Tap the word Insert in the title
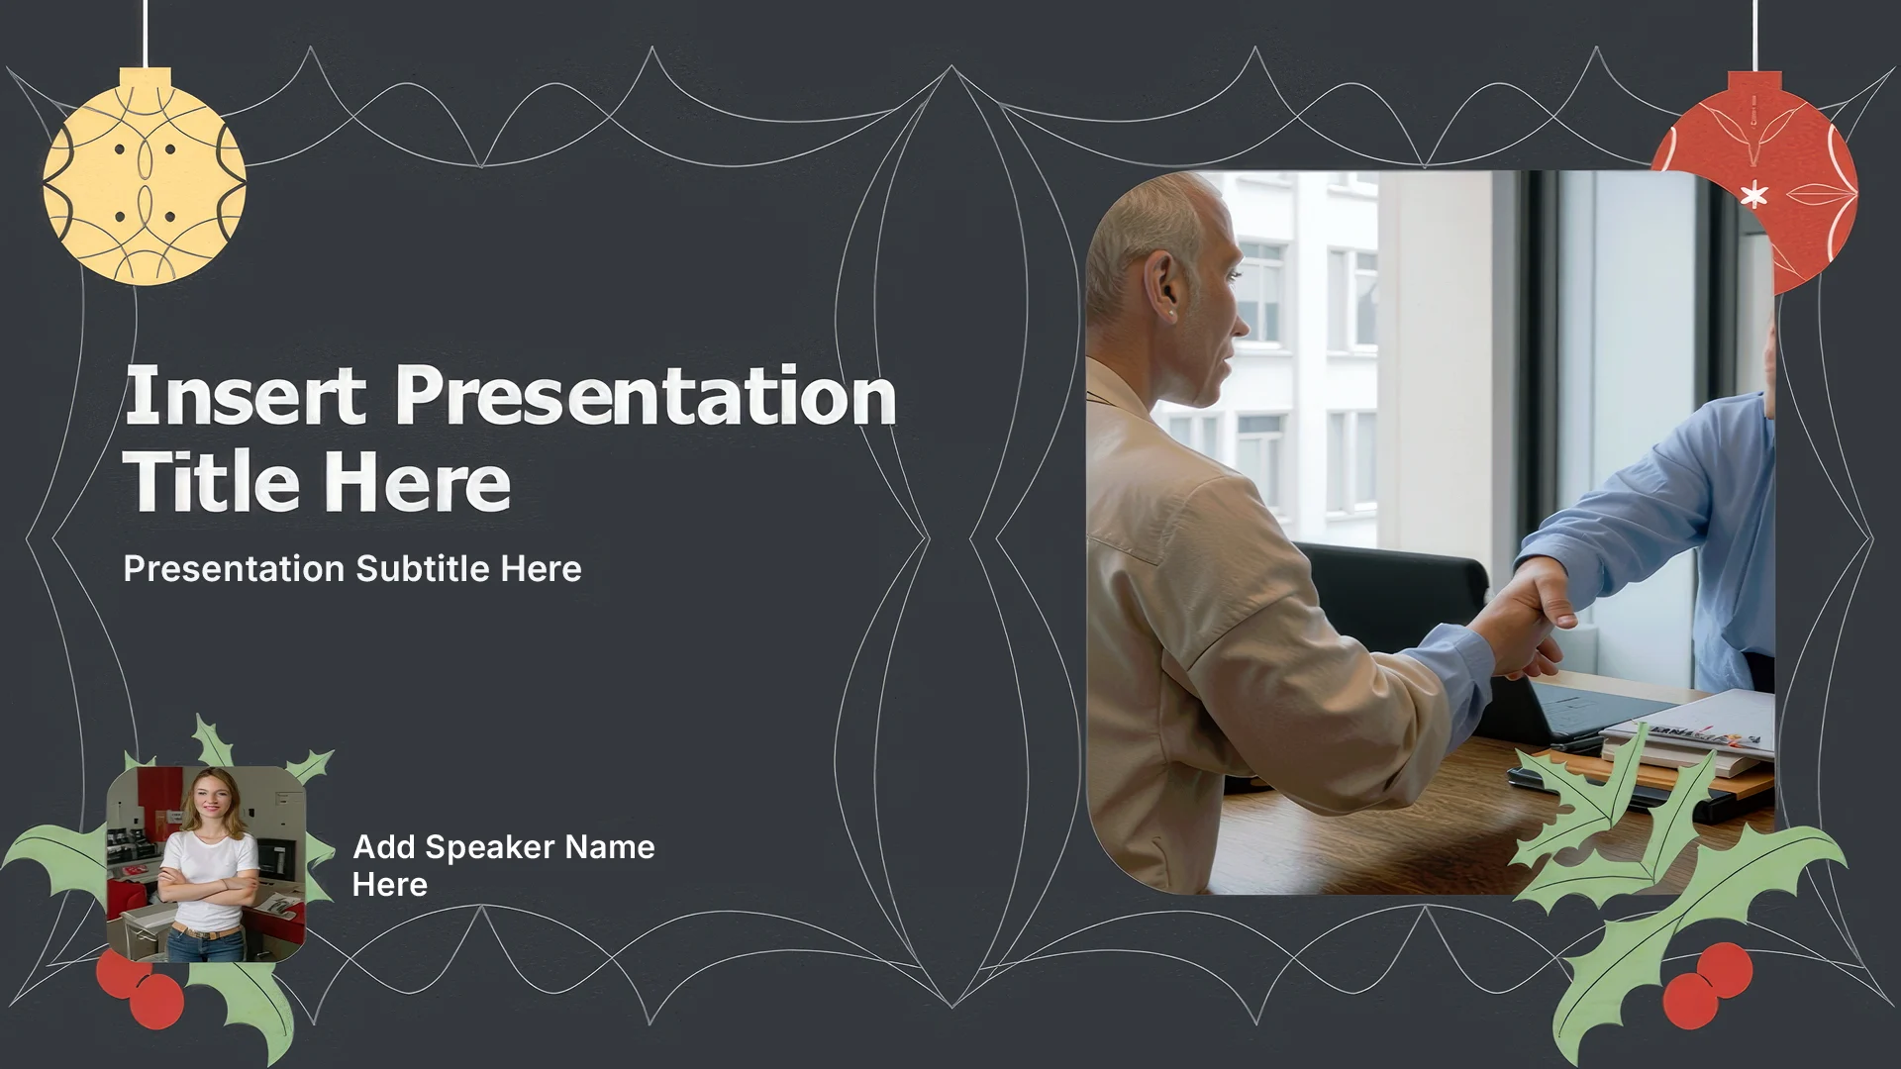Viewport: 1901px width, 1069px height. click(x=245, y=395)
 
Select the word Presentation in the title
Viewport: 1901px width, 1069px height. click(x=646, y=397)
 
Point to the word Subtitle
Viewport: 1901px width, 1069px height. click(x=424, y=569)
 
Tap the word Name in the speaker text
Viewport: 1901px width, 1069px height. click(x=611, y=847)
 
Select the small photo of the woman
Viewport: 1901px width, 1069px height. click(x=206, y=864)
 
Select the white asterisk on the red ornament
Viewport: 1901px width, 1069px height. click(x=1753, y=196)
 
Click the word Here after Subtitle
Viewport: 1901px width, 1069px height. click(x=541, y=569)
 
